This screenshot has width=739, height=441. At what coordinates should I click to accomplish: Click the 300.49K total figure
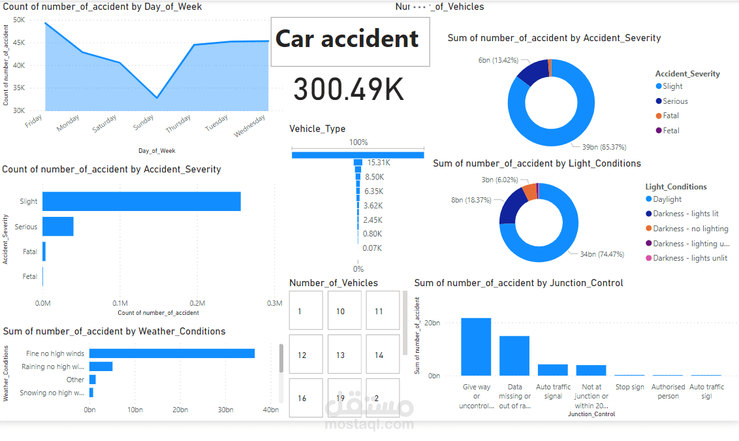coord(349,90)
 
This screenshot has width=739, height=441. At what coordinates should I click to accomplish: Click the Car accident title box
coord(350,41)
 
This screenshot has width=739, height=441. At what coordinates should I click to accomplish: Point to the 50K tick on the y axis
coord(19,20)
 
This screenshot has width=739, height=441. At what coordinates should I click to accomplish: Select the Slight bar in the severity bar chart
coord(141,201)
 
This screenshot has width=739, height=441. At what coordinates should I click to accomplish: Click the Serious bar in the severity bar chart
coord(58,227)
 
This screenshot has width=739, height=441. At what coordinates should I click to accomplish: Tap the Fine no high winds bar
coord(172,353)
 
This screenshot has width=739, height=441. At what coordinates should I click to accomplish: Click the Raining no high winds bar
coord(101,367)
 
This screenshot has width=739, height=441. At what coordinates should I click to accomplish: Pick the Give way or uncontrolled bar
coord(476,346)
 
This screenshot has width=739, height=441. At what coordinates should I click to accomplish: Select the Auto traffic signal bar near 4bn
coord(552,370)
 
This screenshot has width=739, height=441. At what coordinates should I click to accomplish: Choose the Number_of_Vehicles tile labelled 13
coord(340,355)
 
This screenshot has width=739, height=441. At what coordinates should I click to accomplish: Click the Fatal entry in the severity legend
coord(670,116)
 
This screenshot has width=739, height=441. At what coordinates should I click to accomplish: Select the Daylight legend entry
coord(667,199)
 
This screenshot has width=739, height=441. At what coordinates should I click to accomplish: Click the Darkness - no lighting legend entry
coord(690,229)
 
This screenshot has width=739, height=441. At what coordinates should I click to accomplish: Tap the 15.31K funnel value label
coord(378,162)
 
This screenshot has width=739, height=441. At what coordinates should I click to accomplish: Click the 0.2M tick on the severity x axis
coord(197,303)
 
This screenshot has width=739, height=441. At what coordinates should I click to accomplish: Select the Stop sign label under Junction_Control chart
coord(629,387)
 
